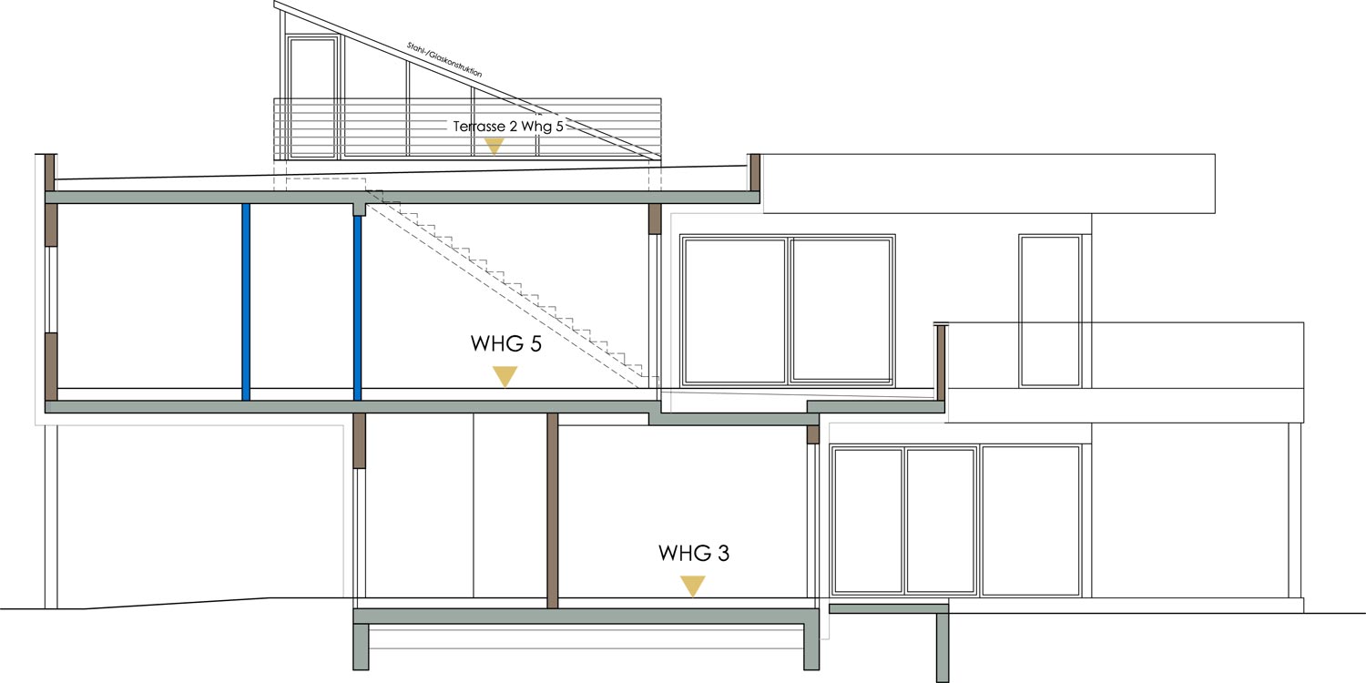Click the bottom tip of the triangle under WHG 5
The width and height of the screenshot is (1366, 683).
(x=505, y=387)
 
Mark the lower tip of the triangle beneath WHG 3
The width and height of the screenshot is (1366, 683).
(x=693, y=596)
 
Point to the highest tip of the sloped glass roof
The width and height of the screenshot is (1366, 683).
(x=274, y=2)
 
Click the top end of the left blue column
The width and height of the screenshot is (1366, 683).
(x=246, y=204)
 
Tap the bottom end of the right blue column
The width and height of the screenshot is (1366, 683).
(x=357, y=400)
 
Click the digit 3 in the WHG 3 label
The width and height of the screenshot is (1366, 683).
(x=723, y=553)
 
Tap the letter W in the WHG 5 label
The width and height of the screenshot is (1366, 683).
(x=482, y=343)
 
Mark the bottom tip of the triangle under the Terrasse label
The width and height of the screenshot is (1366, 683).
(x=494, y=154)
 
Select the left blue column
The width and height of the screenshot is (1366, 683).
(x=246, y=301)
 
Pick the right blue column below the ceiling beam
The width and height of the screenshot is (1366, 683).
(x=357, y=308)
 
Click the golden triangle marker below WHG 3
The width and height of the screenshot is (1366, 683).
(x=693, y=586)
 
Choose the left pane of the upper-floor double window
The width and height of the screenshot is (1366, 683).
(x=735, y=311)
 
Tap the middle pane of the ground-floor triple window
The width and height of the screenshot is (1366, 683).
(x=940, y=521)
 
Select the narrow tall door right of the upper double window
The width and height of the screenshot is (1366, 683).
(x=1050, y=311)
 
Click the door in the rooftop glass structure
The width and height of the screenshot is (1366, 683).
(x=312, y=97)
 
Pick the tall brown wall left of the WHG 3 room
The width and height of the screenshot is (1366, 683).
(x=553, y=511)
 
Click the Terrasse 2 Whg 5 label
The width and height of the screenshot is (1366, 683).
(x=508, y=127)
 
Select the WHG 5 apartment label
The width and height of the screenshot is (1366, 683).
(x=506, y=343)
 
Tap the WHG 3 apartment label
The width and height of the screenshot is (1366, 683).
(x=694, y=553)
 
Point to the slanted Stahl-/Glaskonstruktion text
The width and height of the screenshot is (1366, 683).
(x=444, y=60)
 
